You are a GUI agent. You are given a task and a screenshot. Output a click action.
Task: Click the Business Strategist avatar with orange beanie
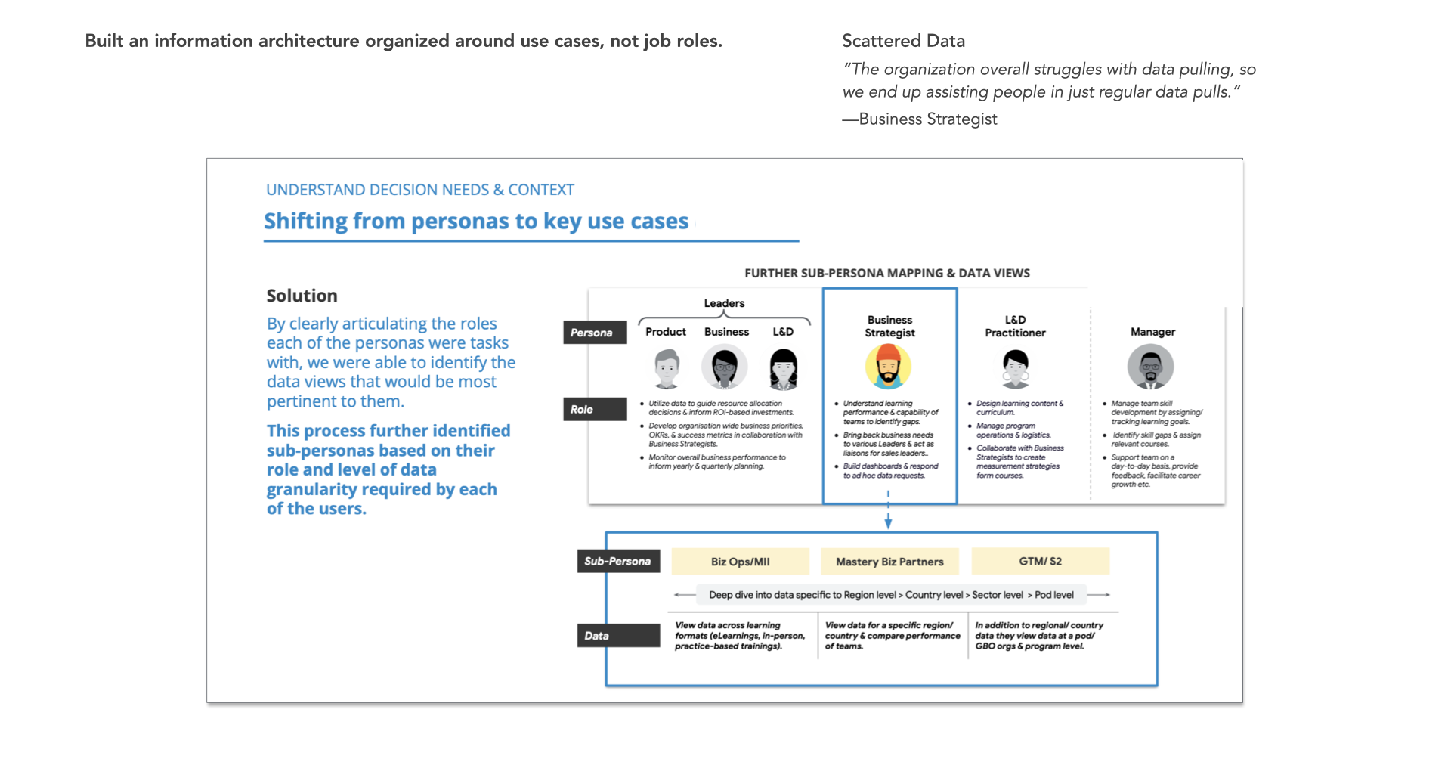pyautogui.click(x=888, y=367)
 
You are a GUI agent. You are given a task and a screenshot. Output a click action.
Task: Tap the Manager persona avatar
pyautogui.click(x=1150, y=367)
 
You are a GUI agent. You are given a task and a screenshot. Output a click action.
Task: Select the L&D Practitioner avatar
pyautogui.click(x=1016, y=368)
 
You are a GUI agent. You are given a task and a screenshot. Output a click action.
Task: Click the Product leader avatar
pyautogui.click(x=667, y=368)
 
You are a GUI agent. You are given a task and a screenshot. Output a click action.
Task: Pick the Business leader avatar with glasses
pyautogui.click(x=725, y=367)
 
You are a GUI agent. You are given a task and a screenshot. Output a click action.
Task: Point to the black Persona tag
pyautogui.click(x=594, y=333)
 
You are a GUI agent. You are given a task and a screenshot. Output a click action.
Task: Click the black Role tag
pyautogui.click(x=594, y=409)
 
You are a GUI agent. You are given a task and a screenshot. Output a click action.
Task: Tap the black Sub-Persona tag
pyautogui.click(x=617, y=561)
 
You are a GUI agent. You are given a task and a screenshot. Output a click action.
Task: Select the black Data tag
pyautogui.click(x=617, y=636)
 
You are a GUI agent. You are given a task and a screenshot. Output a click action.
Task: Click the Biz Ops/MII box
pyautogui.click(x=740, y=562)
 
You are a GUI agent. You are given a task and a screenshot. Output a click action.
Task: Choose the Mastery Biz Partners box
pyautogui.click(x=889, y=562)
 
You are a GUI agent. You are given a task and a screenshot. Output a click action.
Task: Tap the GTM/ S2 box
pyautogui.click(x=1040, y=561)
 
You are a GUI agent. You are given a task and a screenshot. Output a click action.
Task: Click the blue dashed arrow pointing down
pyautogui.click(x=888, y=510)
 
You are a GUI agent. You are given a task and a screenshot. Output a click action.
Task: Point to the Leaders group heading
pyautogui.click(x=724, y=303)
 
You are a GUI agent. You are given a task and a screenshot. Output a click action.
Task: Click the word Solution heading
pyautogui.click(x=302, y=296)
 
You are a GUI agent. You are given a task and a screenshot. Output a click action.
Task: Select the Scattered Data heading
pyautogui.click(x=903, y=41)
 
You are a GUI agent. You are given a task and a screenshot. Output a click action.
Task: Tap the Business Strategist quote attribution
pyautogui.click(x=920, y=119)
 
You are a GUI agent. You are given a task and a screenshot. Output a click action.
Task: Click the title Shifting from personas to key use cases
pyautogui.click(x=476, y=222)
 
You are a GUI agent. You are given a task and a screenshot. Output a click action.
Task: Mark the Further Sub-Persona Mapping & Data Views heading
pyautogui.click(x=887, y=273)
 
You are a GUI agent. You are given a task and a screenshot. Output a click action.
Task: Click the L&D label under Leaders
pyautogui.click(x=783, y=332)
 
